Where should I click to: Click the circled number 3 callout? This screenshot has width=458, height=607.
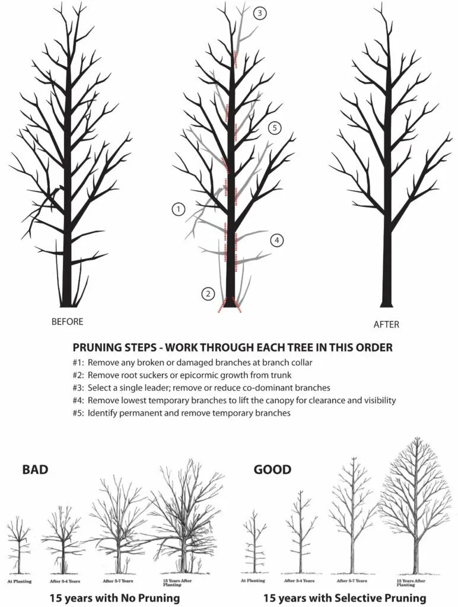[x=259, y=14]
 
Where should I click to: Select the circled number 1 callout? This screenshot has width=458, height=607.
[x=178, y=209]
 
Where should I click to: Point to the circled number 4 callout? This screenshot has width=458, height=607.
[x=276, y=240]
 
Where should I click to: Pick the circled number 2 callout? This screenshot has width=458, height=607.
[x=208, y=293]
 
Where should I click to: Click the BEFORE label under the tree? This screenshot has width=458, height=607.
[x=67, y=322]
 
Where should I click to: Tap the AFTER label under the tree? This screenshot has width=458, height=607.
[x=386, y=324]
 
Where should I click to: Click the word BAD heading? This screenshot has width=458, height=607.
[x=35, y=470]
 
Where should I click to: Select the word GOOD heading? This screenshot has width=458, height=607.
[x=272, y=470]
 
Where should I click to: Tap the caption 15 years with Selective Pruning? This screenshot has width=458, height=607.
[x=345, y=598]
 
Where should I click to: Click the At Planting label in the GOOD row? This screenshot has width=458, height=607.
[x=255, y=581]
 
